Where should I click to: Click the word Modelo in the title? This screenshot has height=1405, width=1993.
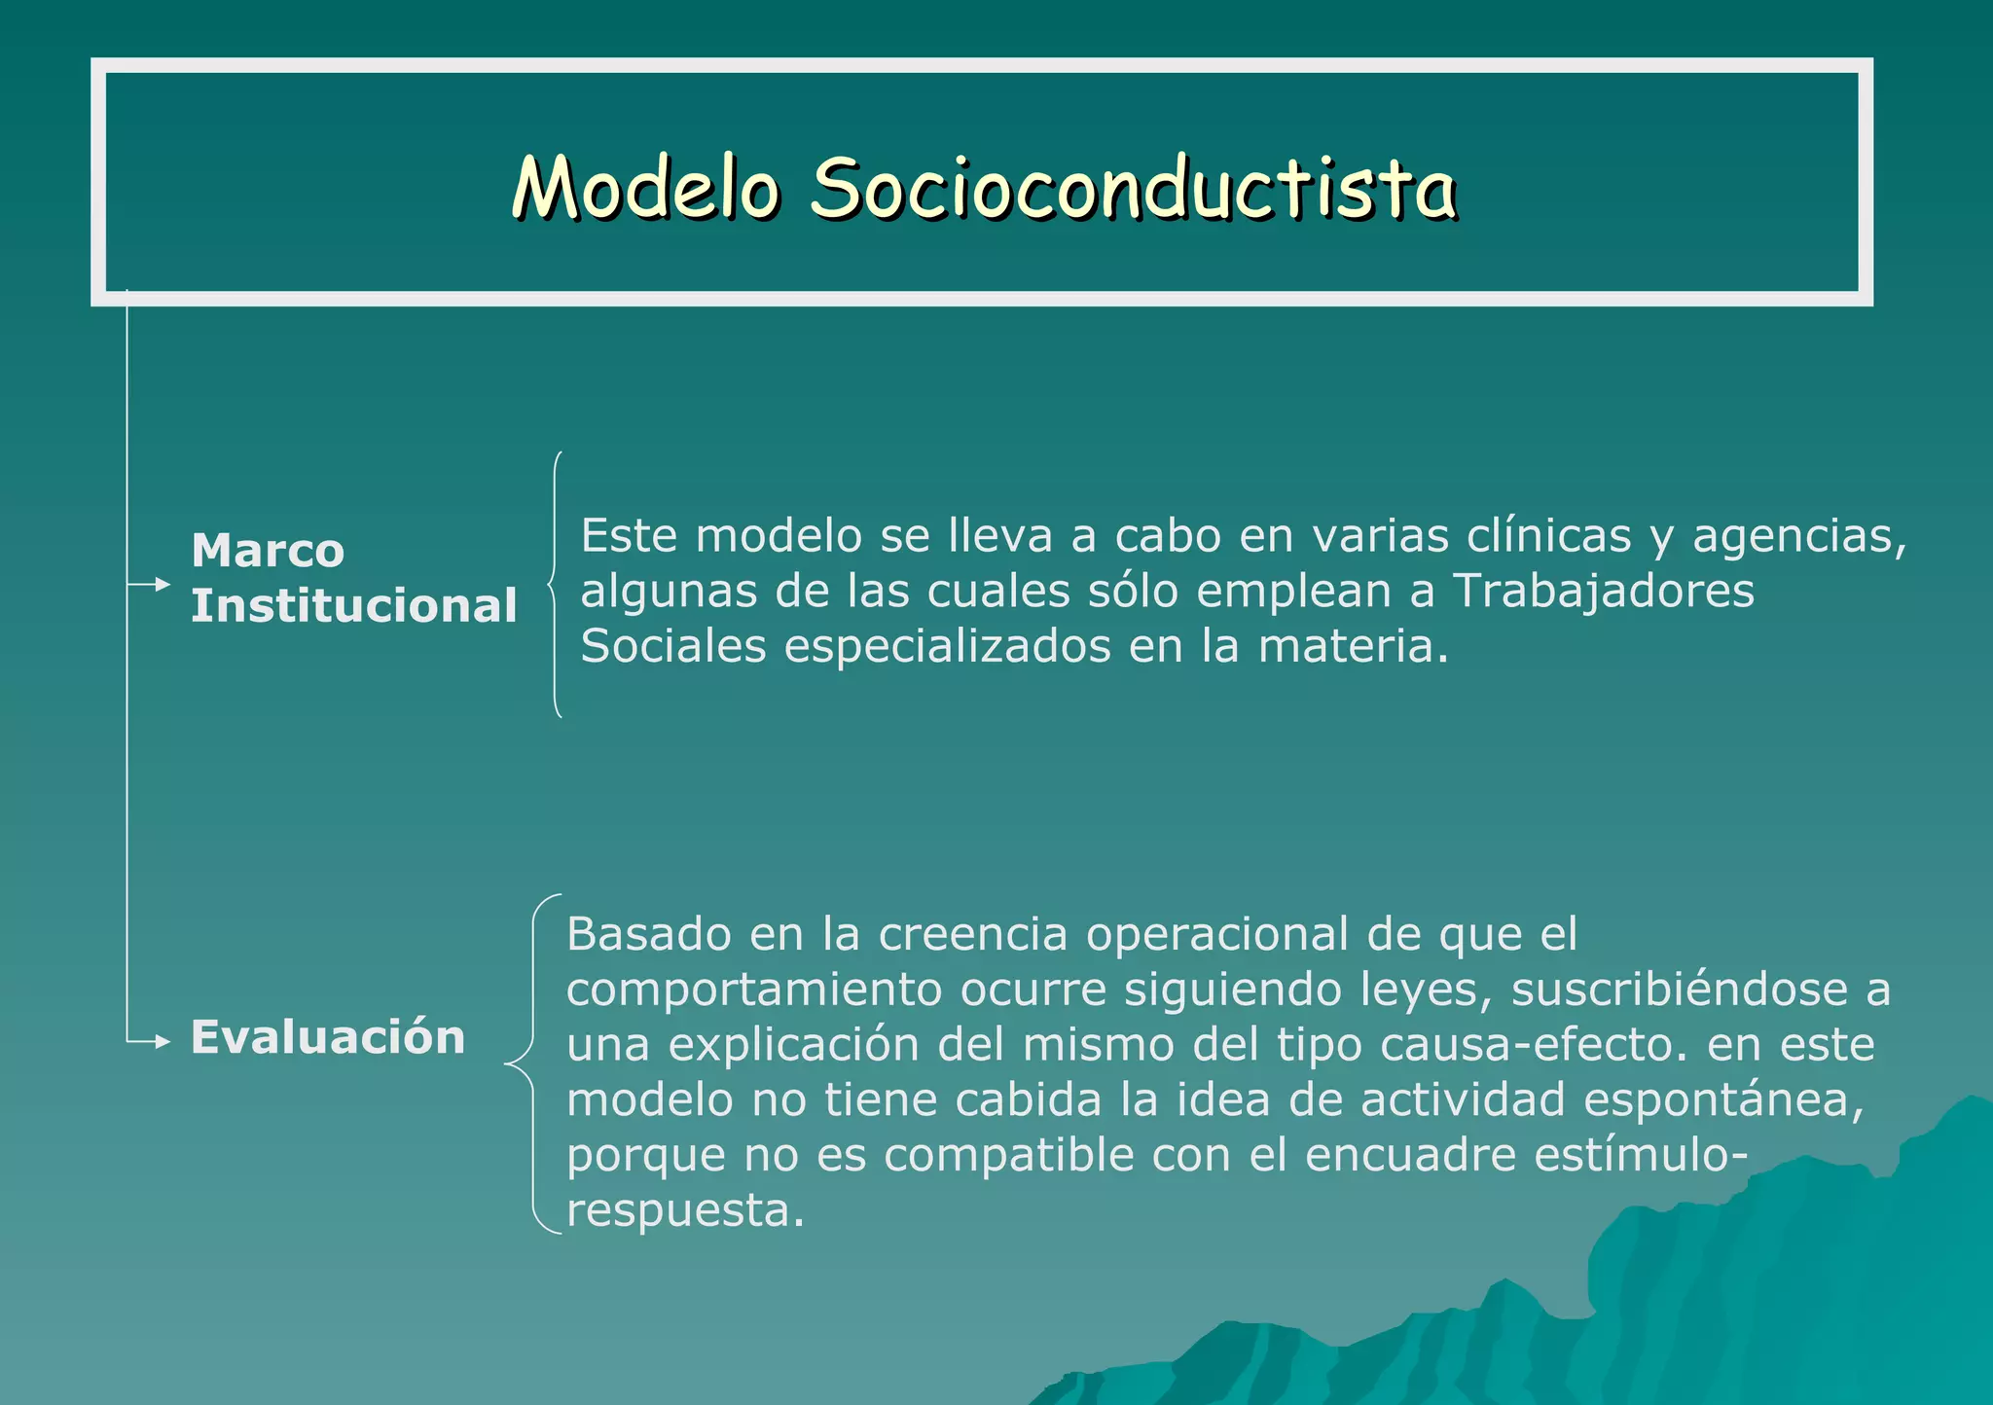coord(646,187)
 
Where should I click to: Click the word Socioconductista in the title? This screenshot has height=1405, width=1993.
coord(1133,187)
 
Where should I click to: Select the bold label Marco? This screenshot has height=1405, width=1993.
coord(268,551)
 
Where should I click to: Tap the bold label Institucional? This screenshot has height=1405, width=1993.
coord(353,606)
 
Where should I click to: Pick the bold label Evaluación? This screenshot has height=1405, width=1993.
coord(328,1036)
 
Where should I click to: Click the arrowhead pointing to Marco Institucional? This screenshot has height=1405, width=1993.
coord(163,584)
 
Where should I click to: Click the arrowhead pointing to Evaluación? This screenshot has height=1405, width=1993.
coord(163,1042)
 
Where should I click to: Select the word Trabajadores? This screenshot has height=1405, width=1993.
coord(1603,592)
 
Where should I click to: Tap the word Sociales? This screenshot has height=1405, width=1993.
coord(673,647)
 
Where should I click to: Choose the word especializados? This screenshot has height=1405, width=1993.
coord(947,647)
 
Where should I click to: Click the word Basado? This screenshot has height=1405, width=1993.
coord(649,934)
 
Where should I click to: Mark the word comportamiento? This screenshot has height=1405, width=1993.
coord(754,991)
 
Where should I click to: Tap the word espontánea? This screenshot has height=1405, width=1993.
coord(1722,1100)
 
